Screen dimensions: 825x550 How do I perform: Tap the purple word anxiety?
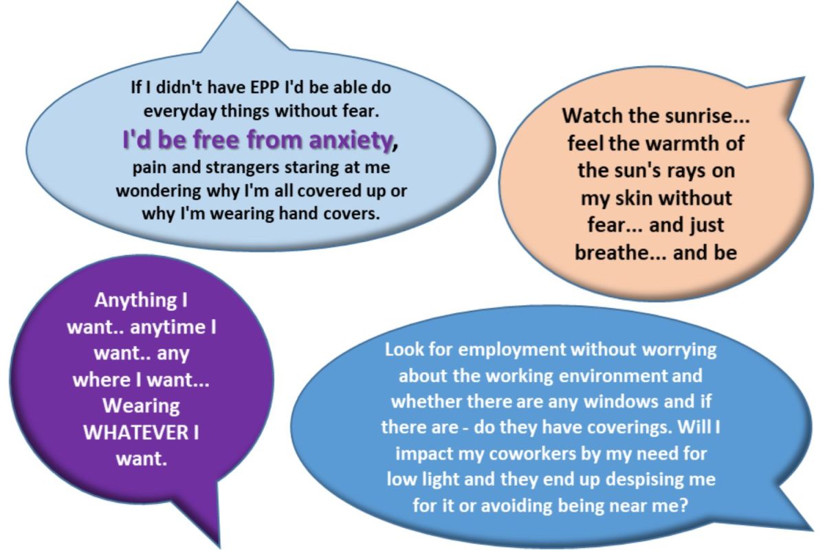(351, 141)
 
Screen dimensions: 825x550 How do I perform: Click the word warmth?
(683, 143)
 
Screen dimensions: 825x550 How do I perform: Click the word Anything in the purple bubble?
(135, 301)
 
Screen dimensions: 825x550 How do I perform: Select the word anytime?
(168, 327)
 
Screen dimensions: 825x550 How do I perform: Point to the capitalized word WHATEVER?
(136, 432)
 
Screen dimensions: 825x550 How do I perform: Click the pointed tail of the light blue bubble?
(238, 3)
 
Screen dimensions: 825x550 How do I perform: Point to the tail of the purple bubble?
(218, 544)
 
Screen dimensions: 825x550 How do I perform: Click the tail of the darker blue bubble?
(811, 529)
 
